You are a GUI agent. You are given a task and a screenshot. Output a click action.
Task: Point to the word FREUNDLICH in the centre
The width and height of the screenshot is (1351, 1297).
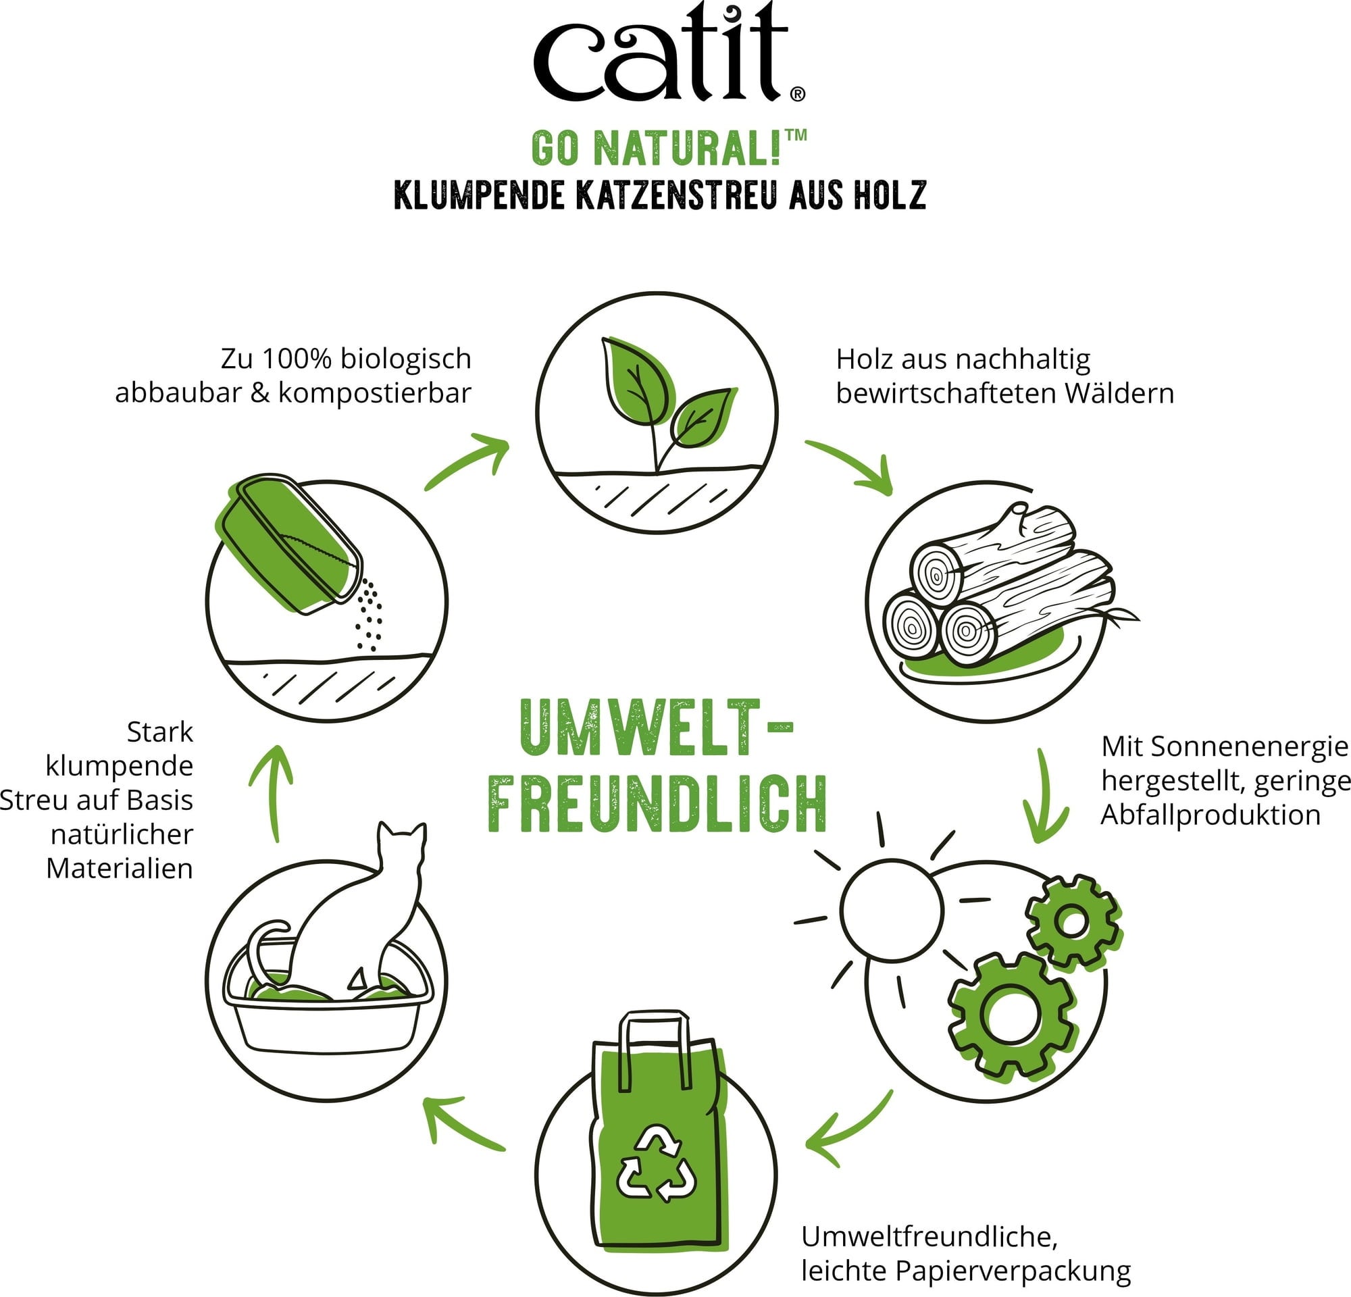[x=657, y=804]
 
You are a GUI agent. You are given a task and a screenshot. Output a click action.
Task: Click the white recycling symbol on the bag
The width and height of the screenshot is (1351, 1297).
[x=656, y=1163]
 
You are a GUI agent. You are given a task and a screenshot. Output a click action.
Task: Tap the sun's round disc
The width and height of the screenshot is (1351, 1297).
[x=890, y=910]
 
